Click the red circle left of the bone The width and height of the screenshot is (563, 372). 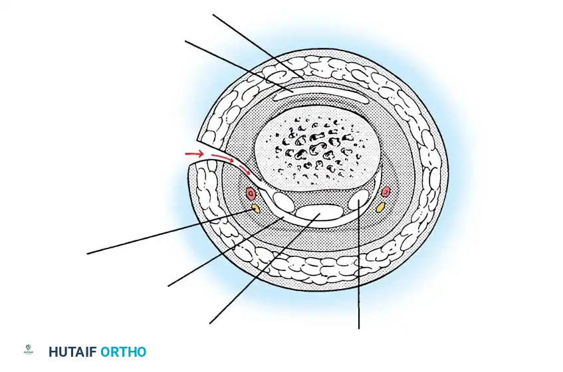click(x=251, y=193)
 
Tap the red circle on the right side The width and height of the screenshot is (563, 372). click(x=386, y=192)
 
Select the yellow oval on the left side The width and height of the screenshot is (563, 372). click(x=255, y=209)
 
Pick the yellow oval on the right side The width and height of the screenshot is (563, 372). click(x=381, y=207)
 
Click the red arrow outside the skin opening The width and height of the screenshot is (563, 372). click(x=194, y=154)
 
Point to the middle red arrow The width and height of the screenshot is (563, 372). click(x=223, y=159)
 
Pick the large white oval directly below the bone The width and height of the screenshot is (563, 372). click(x=320, y=213)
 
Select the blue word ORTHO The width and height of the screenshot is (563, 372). click(x=123, y=352)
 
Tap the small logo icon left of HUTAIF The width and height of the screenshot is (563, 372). click(x=29, y=351)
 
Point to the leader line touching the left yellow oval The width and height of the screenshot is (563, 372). click(x=166, y=232)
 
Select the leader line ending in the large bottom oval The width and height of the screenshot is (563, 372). click(x=259, y=272)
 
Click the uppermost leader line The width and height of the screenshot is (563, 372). click(x=259, y=46)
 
